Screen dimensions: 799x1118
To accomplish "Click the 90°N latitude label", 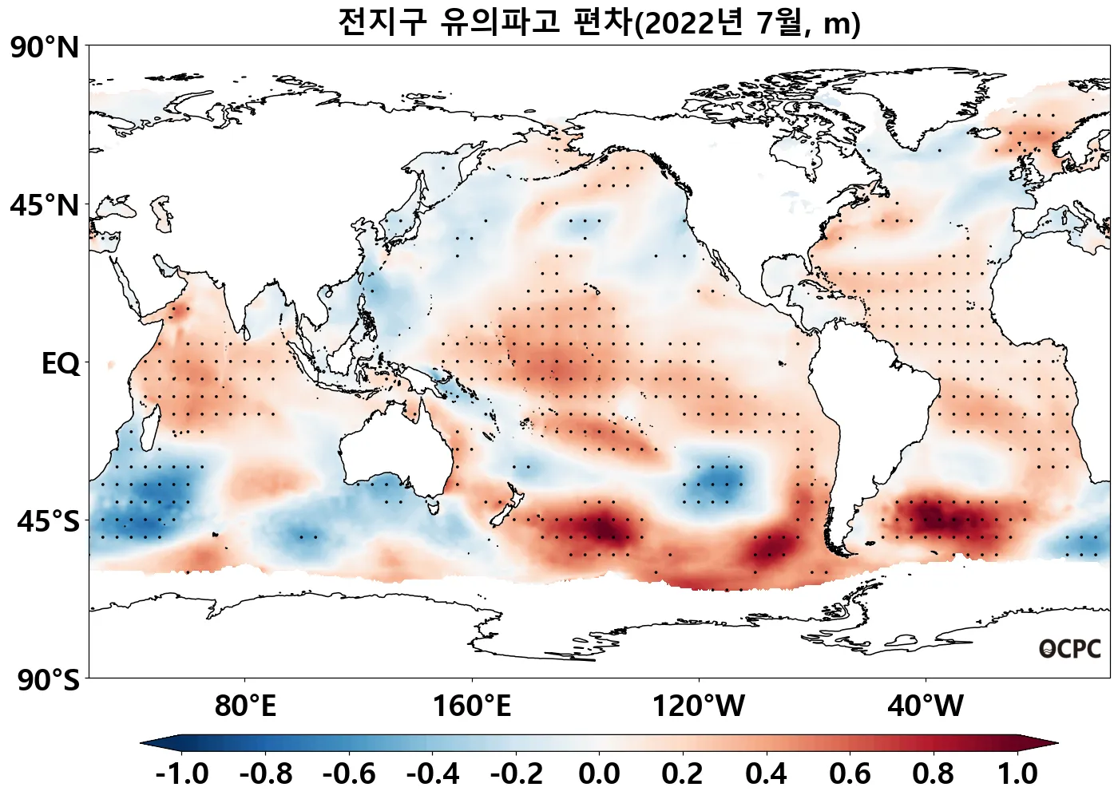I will (x=45, y=48).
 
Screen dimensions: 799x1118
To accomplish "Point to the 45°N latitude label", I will (x=45, y=206).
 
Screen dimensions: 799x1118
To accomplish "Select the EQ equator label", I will (x=61, y=364).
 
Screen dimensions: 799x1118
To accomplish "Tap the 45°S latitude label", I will (x=48, y=522).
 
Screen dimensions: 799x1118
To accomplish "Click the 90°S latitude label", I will (x=48, y=681).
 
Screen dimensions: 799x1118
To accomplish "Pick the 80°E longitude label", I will (x=245, y=706).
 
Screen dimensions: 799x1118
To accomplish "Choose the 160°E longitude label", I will (x=472, y=706).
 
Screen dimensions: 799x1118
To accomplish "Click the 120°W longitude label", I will (x=699, y=706).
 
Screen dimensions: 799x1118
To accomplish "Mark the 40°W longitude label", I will (x=926, y=706).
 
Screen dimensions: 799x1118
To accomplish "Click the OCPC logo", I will (x=1070, y=650).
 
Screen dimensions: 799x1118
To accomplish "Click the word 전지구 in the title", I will (x=383, y=22).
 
